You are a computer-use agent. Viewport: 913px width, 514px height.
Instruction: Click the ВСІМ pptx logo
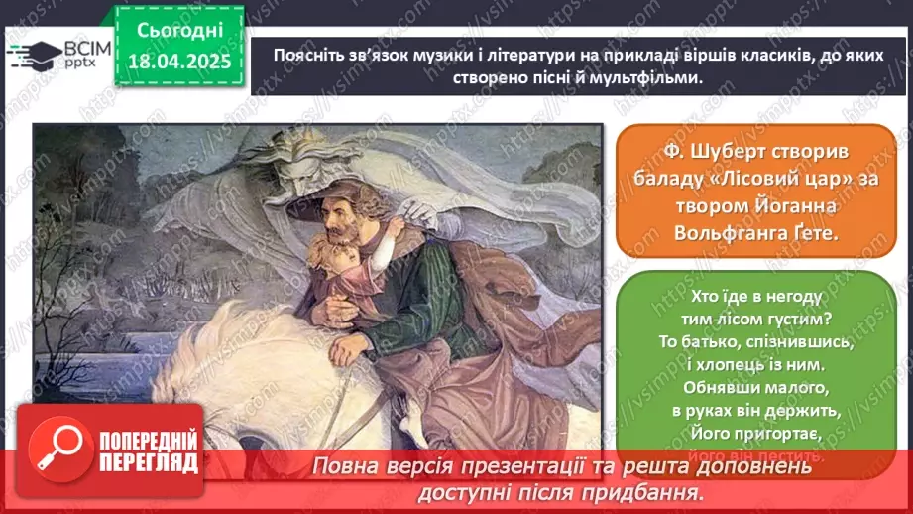[55, 57]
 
